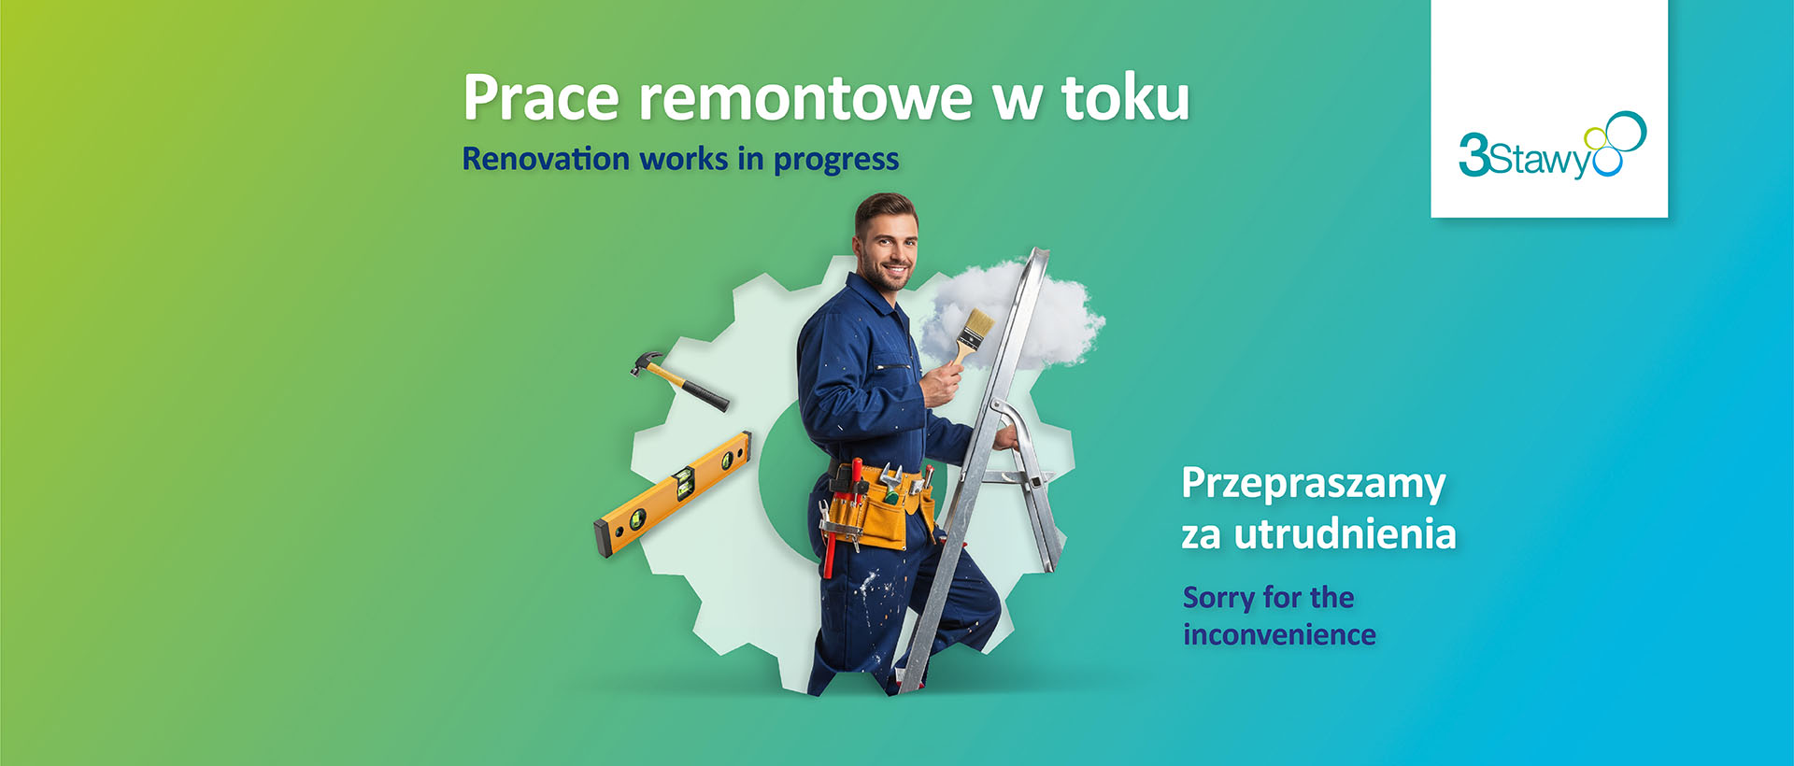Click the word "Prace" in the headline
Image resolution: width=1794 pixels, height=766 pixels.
(x=541, y=97)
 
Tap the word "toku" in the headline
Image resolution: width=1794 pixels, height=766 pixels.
(x=1125, y=97)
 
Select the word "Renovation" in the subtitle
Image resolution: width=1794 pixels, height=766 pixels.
(x=546, y=159)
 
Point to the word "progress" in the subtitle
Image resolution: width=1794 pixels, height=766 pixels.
(x=835, y=161)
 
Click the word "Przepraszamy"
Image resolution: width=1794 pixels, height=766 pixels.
(x=1313, y=484)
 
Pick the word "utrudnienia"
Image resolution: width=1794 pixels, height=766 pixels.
(x=1345, y=534)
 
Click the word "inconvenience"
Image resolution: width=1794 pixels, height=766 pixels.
(x=1279, y=635)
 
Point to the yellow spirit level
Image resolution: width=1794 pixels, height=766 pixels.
(x=672, y=494)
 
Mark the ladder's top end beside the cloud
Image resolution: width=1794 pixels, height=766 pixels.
(x=1039, y=254)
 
